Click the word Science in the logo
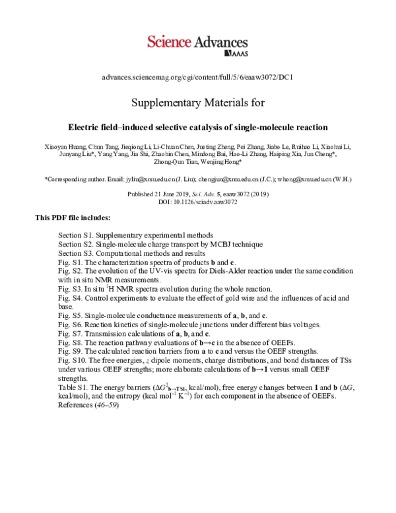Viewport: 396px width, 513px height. [168, 42]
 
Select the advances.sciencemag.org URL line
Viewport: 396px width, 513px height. [197, 77]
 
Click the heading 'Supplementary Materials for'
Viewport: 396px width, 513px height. [197, 103]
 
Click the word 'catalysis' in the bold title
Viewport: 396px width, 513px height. [196, 126]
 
